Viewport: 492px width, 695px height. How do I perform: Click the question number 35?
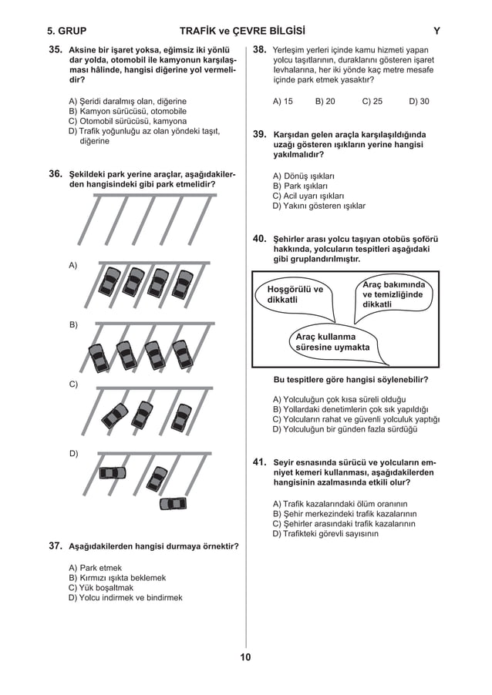pos(55,49)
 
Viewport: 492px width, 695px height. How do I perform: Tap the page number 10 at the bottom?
pos(245,657)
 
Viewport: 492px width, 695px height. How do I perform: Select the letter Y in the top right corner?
pos(437,32)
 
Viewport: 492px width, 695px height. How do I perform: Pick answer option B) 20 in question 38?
pos(325,101)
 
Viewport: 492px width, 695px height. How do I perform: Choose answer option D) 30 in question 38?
pos(419,101)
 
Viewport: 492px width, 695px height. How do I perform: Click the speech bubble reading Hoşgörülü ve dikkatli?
pos(295,294)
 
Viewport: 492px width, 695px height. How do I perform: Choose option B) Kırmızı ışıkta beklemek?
pos(117,578)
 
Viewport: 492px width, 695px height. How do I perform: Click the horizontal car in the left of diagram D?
pos(113,472)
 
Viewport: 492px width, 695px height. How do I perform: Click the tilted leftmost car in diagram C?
pos(115,416)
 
